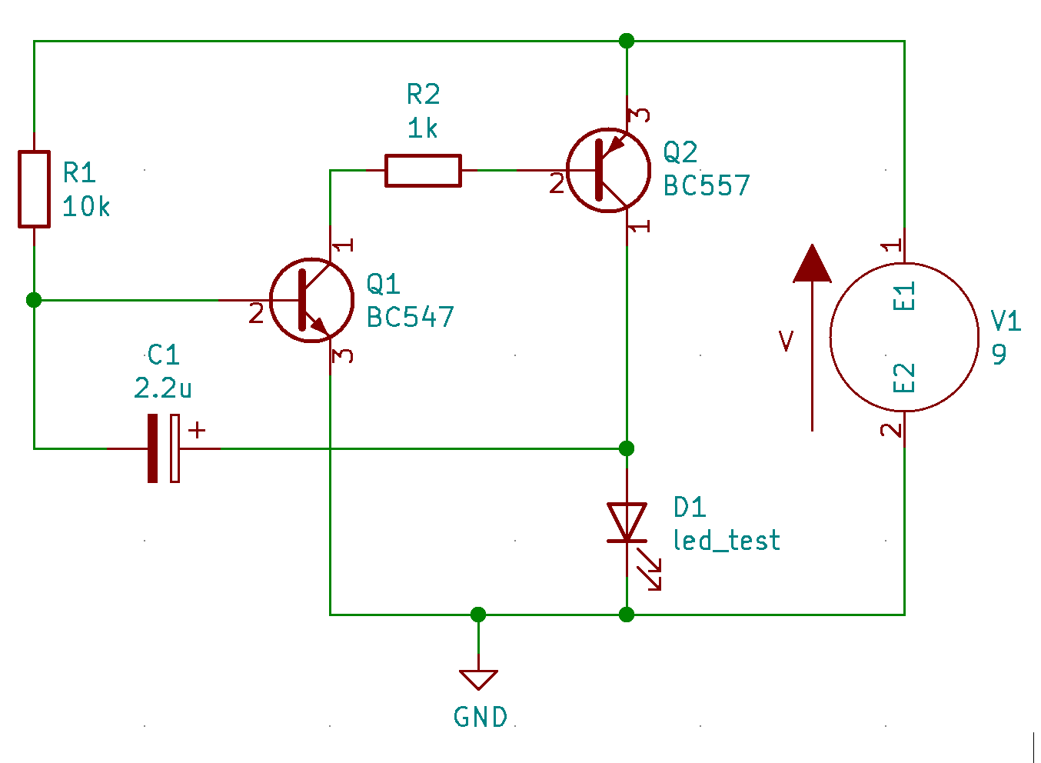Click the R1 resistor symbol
click(34, 189)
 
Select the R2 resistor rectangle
click(423, 170)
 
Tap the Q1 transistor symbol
click(311, 300)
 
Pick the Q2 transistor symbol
click(607, 170)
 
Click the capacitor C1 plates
click(164, 448)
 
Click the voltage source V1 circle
click(904, 337)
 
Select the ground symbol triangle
click(478, 679)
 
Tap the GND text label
click(481, 718)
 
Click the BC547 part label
click(410, 317)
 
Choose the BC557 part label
click(706, 186)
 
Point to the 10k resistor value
click(86, 207)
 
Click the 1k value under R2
click(422, 128)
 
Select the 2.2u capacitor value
click(162, 388)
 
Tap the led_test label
click(726, 541)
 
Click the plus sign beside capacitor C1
click(198, 430)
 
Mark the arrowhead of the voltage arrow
click(812, 264)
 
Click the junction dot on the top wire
click(627, 41)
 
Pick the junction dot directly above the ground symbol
click(478, 614)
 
